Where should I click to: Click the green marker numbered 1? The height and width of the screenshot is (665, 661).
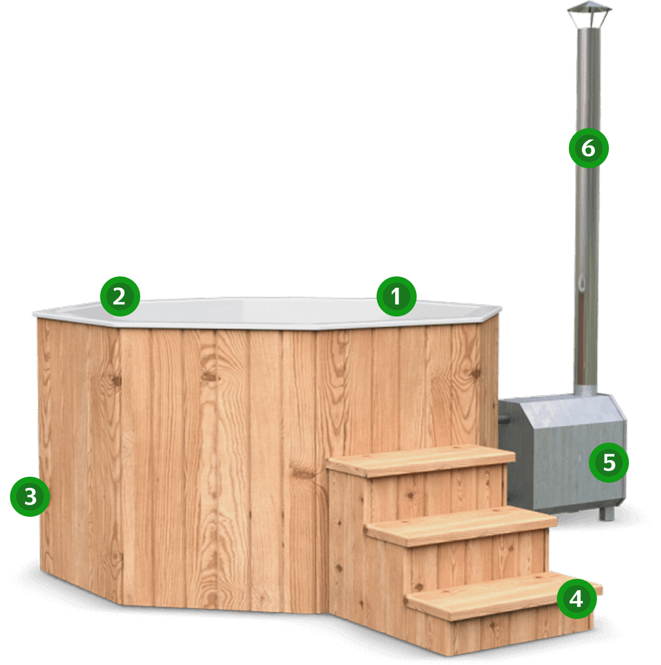[396, 296]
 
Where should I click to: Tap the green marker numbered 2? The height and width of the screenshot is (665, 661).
[120, 296]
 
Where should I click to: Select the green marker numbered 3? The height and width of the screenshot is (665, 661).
[30, 497]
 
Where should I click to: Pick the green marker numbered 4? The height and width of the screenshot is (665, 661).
[576, 599]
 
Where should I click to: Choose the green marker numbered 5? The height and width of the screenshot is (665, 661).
[609, 462]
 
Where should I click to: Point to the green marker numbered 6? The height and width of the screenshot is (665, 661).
[588, 148]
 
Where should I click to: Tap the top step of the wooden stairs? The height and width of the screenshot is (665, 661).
[421, 461]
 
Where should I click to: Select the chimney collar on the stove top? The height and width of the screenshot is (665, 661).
[585, 390]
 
